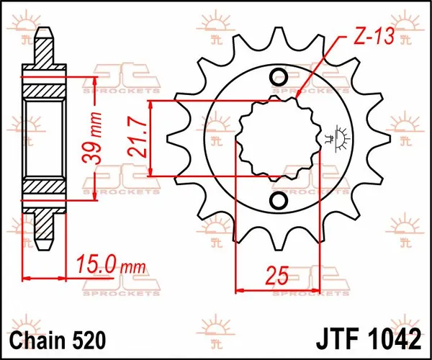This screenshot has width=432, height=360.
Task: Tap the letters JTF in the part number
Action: [336, 338]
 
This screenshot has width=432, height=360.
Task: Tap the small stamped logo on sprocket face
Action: [333, 136]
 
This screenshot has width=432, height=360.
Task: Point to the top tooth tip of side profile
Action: [42, 32]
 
